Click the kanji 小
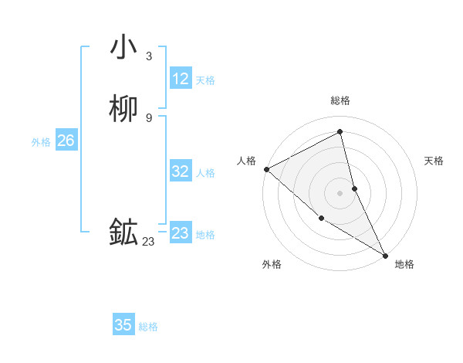(123, 47)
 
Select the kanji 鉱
(123, 232)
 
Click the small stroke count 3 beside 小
(148, 56)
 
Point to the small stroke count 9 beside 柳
(148, 117)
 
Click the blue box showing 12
(180, 79)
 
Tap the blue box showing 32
(180, 171)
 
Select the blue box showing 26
(66, 141)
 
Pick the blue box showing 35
(123, 325)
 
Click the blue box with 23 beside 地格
(180, 233)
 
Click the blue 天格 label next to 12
(204, 80)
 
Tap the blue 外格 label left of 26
(41, 142)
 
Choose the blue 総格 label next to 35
(148, 327)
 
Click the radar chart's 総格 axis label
(340, 100)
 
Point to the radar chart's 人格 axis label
(246, 161)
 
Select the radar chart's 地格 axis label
(404, 264)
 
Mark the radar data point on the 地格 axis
(385, 255)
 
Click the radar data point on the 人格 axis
(266, 168)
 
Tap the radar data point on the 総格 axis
(340, 131)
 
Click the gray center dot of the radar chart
(340, 192)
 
